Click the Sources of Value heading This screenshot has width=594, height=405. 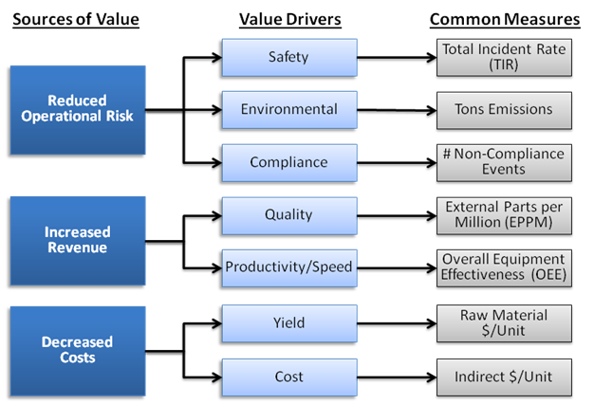click(x=76, y=18)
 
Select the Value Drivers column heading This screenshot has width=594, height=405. click(x=289, y=18)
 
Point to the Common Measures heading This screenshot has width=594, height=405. click(x=505, y=18)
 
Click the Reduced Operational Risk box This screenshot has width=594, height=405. click(x=78, y=109)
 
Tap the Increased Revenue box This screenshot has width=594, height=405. click(x=78, y=240)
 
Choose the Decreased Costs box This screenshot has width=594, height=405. click(x=78, y=350)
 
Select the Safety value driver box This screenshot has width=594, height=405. click(x=288, y=57)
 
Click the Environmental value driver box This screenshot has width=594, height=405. click(x=288, y=109)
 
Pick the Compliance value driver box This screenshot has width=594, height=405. click(x=288, y=162)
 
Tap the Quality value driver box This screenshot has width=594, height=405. click(x=288, y=214)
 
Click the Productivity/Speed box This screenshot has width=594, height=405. click(x=288, y=267)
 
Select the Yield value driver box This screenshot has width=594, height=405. click(x=288, y=323)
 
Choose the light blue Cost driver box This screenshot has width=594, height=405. click(x=288, y=377)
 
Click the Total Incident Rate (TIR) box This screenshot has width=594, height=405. click(x=504, y=57)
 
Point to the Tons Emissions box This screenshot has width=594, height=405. click(x=504, y=109)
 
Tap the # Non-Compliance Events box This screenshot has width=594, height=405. click(x=504, y=162)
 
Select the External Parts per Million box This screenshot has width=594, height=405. click(x=504, y=214)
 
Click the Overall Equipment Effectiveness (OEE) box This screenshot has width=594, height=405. click(x=504, y=267)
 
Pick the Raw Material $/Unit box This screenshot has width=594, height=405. click(x=504, y=323)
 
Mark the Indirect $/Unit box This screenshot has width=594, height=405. click(x=504, y=377)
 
